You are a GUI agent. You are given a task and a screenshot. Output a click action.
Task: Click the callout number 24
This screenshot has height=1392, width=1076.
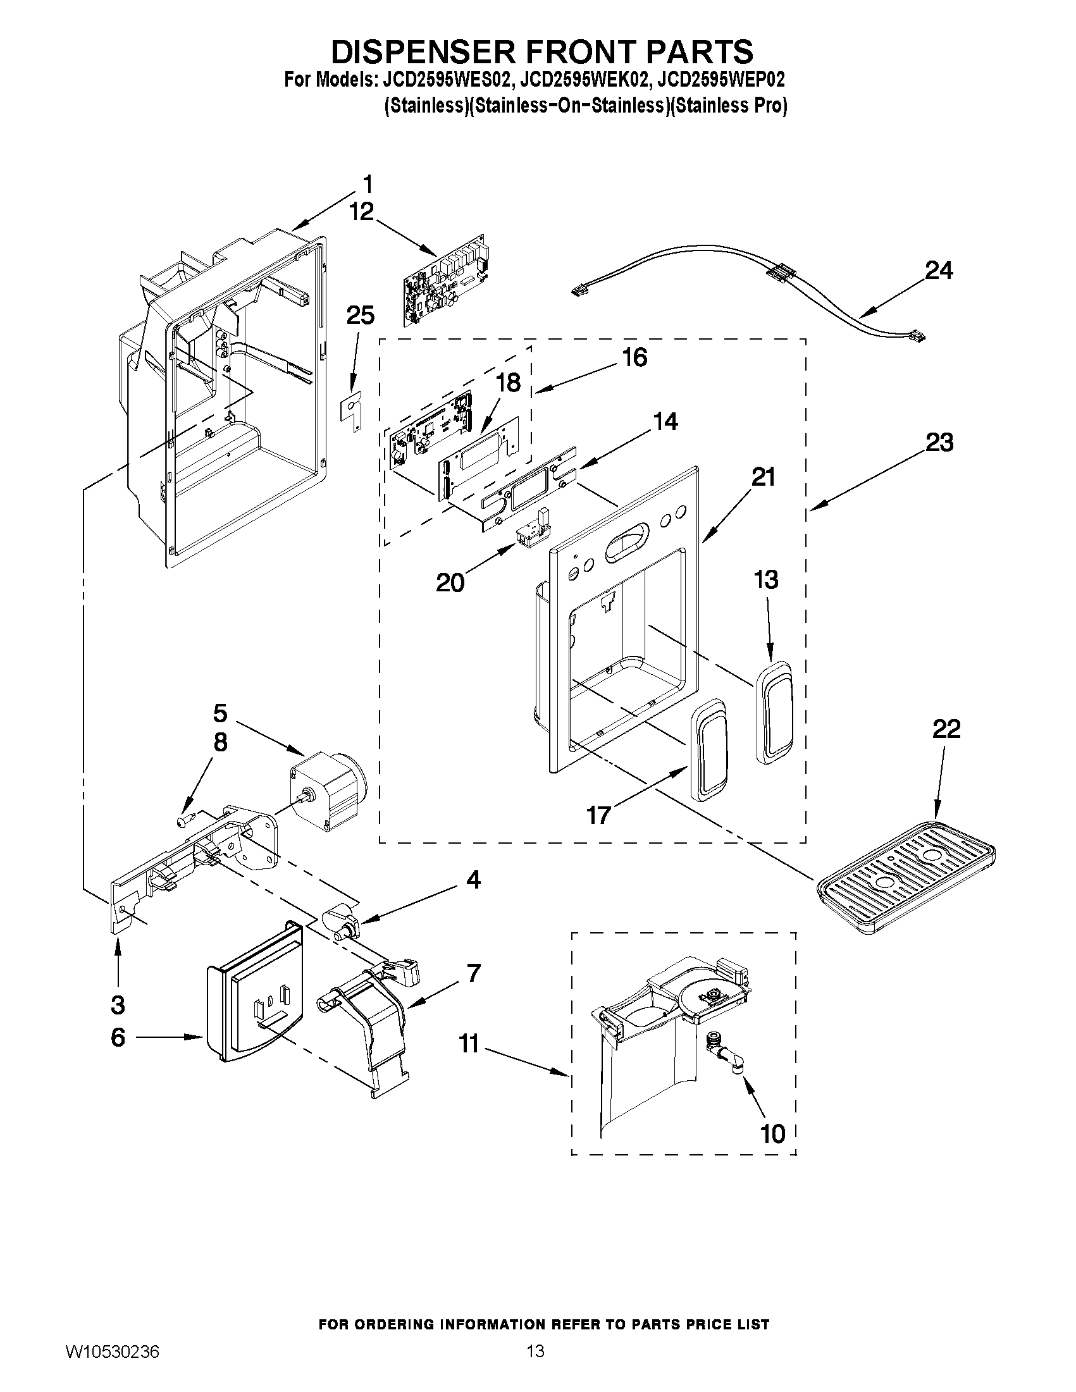click(x=938, y=271)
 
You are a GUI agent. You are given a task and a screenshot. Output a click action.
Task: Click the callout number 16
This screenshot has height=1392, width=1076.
click(x=634, y=357)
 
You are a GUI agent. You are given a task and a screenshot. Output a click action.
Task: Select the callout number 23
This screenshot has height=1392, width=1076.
click(x=939, y=441)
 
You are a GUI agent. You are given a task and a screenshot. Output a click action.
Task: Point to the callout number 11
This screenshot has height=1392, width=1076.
click(x=469, y=1045)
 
